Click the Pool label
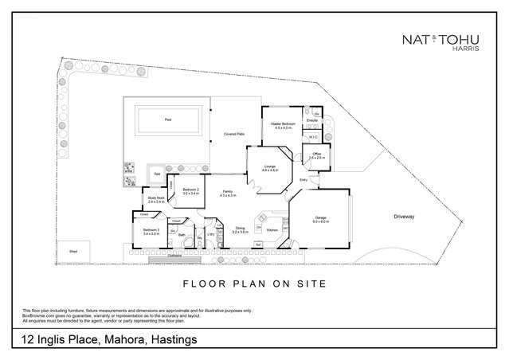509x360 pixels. (168, 120)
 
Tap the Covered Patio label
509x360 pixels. (233, 134)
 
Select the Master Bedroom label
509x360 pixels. (284, 125)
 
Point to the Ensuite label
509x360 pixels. (312, 120)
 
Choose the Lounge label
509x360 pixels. (270, 167)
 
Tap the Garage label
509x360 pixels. (319, 220)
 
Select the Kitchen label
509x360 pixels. (272, 230)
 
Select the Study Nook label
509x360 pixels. (156, 199)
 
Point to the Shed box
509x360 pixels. (72, 249)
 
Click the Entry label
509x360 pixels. (303, 180)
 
